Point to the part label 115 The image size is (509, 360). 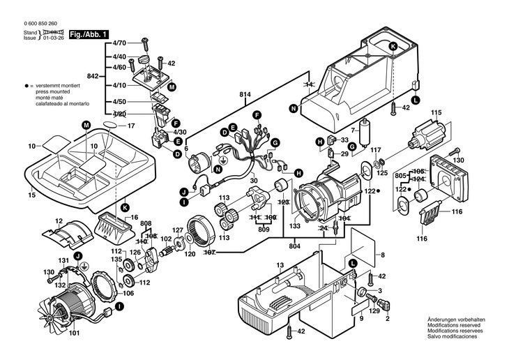coord(436,113)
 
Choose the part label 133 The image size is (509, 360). coord(296,226)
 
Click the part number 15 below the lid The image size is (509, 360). coord(31,195)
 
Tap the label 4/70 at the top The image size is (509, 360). coord(119,44)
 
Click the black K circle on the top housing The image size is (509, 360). coord(393,47)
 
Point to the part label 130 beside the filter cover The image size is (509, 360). coord(459,160)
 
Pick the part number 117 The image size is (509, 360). coord(376,150)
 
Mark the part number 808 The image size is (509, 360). coord(146,224)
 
